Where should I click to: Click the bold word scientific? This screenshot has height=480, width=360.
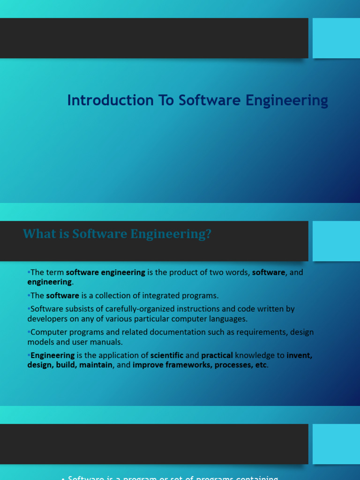[167, 355]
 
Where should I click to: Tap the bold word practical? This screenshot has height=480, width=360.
[217, 355]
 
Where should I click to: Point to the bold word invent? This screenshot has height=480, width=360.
[299, 355]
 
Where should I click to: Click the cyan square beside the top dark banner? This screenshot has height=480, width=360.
[336, 38]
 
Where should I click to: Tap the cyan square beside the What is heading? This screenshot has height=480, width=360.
[336, 241]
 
